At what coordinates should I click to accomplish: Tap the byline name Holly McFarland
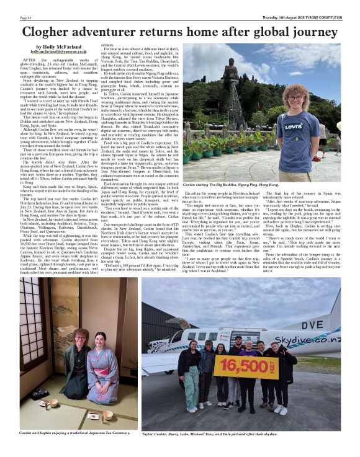point(56,47)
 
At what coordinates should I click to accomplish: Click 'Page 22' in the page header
point(25,18)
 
